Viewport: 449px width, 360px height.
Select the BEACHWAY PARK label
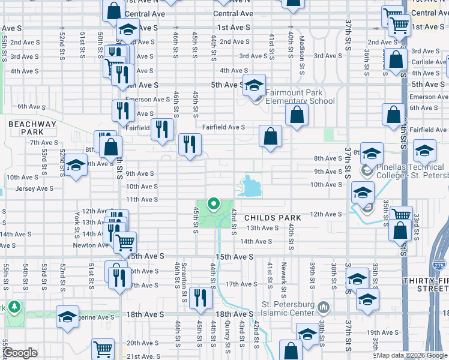[x=32, y=128]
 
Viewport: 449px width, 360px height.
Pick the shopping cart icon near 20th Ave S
[x=103, y=349]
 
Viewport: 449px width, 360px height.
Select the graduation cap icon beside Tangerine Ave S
[x=68, y=316]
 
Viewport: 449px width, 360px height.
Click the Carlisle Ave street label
[x=429, y=62]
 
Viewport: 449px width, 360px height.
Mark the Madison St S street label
[x=303, y=46]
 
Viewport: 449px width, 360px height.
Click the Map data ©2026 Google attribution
[x=411, y=355]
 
